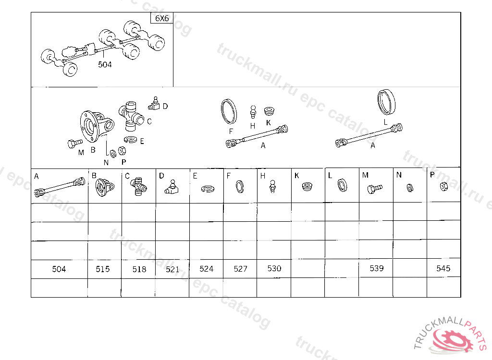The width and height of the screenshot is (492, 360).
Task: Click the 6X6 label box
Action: [x=162, y=18]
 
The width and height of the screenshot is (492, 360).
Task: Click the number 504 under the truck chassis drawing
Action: [x=105, y=65]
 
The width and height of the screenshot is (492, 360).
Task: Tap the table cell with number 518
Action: [x=139, y=269]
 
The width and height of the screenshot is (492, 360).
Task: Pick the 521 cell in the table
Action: [x=172, y=269]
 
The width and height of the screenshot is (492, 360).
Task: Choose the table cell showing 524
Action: [x=207, y=269]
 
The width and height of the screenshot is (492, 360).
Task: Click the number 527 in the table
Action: [x=240, y=269]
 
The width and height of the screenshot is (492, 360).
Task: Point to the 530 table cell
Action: [x=274, y=268]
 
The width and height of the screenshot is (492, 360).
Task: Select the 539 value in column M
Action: [x=377, y=268]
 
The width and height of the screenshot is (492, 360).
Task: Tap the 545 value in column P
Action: [x=443, y=268]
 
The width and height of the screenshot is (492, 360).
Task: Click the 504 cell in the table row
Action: [x=59, y=269]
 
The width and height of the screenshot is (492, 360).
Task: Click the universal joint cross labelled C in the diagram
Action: [x=131, y=116]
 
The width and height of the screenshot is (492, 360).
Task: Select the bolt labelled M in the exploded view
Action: [x=75, y=144]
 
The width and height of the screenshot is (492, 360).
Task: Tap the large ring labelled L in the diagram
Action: [x=386, y=102]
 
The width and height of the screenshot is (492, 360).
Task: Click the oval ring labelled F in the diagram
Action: [x=229, y=112]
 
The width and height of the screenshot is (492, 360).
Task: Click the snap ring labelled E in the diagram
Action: [x=131, y=139]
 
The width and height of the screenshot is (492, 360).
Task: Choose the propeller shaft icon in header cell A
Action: [x=60, y=187]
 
